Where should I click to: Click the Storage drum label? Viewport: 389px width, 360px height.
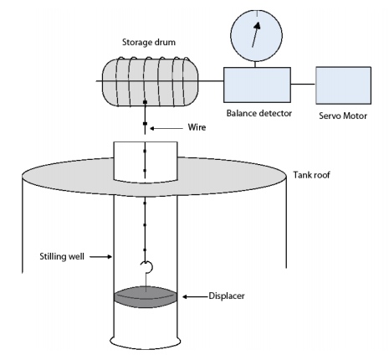(x=149, y=43)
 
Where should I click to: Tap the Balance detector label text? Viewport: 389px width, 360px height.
(x=259, y=113)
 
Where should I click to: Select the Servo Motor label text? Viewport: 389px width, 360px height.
(x=343, y=116)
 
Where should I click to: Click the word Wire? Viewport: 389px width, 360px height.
(x=197, y=127)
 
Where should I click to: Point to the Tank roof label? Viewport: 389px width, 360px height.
(x=311, y=175)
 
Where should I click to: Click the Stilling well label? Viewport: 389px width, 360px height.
(x=62, y=256)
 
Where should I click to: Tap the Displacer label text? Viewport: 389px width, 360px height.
(x=227, y=296)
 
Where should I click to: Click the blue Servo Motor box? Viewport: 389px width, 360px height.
(x=343, y=85)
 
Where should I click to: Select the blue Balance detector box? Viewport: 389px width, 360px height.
(x=257, y=85)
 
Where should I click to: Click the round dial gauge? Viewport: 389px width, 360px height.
(x=257, y=36)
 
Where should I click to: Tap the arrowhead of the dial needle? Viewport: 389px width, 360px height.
(x=258, y=25)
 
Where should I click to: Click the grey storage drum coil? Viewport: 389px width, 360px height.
(x=150, y=82)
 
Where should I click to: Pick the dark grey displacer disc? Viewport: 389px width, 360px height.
(x=146, y=297)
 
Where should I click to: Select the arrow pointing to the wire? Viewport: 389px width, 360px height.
(x=166, y=128)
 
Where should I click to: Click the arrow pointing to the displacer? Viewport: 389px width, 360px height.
(x=195, y=296)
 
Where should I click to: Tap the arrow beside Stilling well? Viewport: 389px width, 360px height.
(x=101, y=256)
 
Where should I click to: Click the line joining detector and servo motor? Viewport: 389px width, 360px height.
(x=303, y=84)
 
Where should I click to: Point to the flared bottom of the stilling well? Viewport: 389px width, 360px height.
(x=146, y=344)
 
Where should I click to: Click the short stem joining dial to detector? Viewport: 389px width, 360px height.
(x=255, y=64)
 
